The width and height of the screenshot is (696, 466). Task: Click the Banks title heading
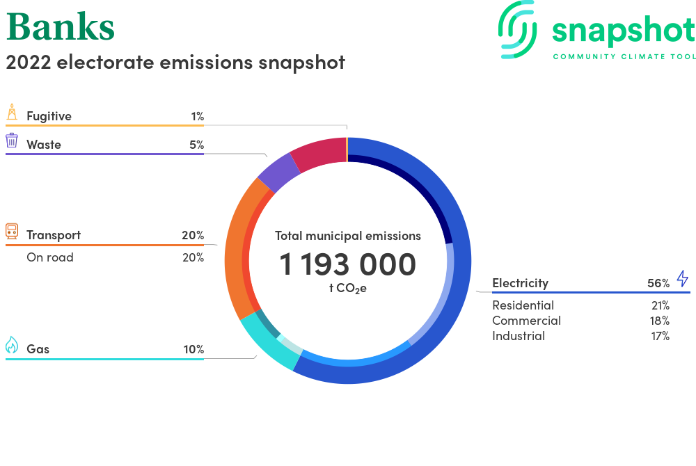(x=61, y=27)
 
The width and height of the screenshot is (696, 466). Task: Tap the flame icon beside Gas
(x=12, y=344)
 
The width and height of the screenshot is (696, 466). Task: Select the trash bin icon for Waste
(x=12, y=140)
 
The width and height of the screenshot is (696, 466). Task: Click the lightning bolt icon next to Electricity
(x=682, y=278)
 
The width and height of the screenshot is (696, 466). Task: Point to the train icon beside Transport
(x=12, y=231)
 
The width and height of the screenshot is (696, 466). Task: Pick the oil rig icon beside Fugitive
(x=12, y=112)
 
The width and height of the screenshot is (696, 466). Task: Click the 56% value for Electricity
(x=658, y=283)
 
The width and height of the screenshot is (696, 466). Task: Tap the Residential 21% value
(x=661, y=305)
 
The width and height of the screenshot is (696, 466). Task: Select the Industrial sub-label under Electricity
(x=519, y=336)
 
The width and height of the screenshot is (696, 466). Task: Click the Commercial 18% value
(x=660, y=321)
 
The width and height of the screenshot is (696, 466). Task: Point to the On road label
(x=49, y=257)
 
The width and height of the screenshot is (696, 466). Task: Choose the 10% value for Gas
(x=194, y=349)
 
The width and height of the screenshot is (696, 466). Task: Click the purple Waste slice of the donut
(x=278, y=172)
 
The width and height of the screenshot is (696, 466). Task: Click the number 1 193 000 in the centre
(x=347, y=264)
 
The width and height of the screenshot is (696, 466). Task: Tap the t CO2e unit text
(x=348, y=288)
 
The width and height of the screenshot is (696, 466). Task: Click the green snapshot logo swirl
(x=518, y=29)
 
